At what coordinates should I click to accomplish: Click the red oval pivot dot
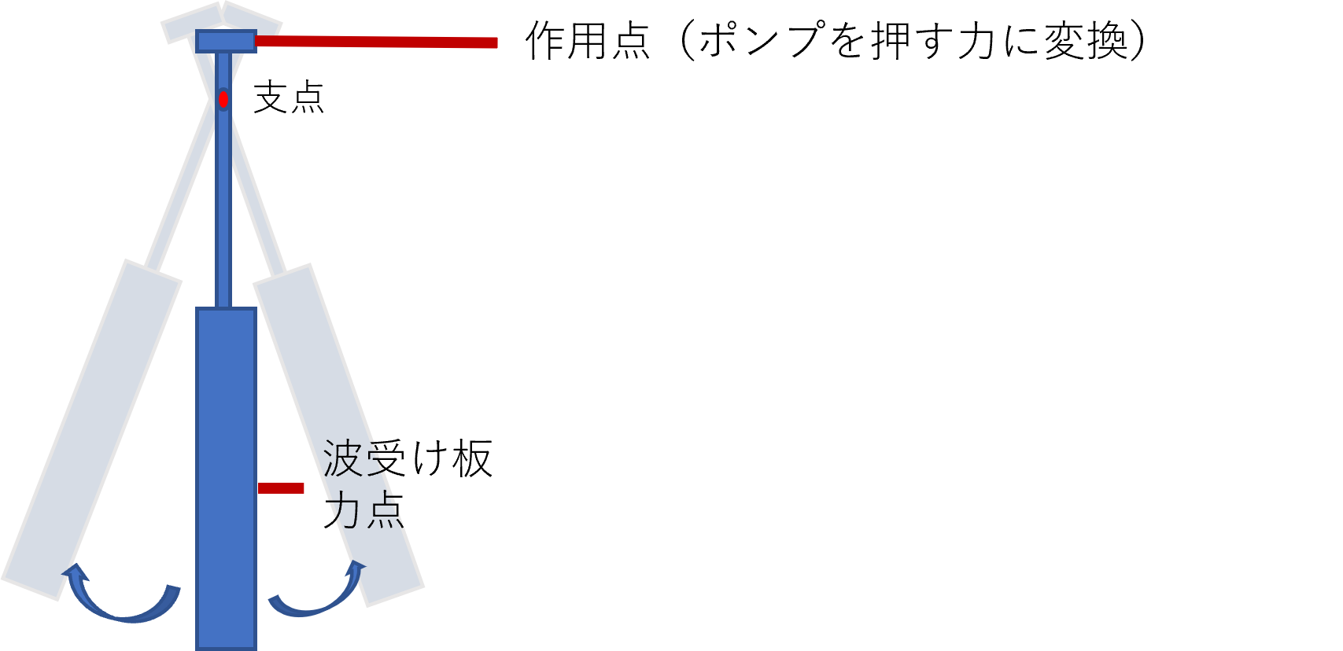[223, 100]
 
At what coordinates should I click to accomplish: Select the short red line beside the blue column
[281, 488]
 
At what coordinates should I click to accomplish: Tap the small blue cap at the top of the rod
[226, 41]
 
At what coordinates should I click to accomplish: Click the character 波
[342, 458]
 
